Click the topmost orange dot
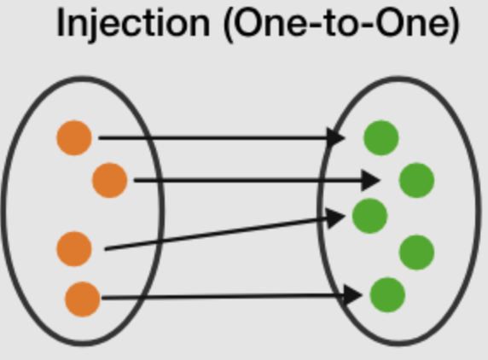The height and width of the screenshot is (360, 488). tap(74, 137)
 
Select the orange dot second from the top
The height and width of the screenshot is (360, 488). tap(109, 180)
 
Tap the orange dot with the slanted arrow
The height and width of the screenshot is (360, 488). tap(74, 249)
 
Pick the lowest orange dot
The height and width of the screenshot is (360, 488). tap(83, 299)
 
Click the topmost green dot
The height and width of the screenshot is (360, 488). tap(381, 137)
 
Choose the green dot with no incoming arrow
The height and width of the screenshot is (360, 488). tap(416, 253)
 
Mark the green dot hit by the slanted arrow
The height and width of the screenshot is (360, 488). tap(369, 216)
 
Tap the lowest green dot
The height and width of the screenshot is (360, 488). tap(387, 294)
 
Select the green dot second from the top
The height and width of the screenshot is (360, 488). tap(416, 180)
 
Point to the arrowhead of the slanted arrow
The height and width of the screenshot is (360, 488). tap(335, 218)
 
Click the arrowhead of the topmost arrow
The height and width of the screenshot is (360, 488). tap(335, 137)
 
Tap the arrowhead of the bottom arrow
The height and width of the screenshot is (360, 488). tap(352, 294)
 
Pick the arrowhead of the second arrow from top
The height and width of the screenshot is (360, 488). tap(370, 180)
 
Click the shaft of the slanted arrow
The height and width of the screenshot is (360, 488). tap(217, 234)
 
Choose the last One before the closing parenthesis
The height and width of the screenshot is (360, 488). tap(414, 23)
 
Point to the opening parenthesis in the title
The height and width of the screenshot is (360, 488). tap(229, 25)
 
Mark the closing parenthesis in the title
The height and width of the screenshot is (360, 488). tap(456, 25)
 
